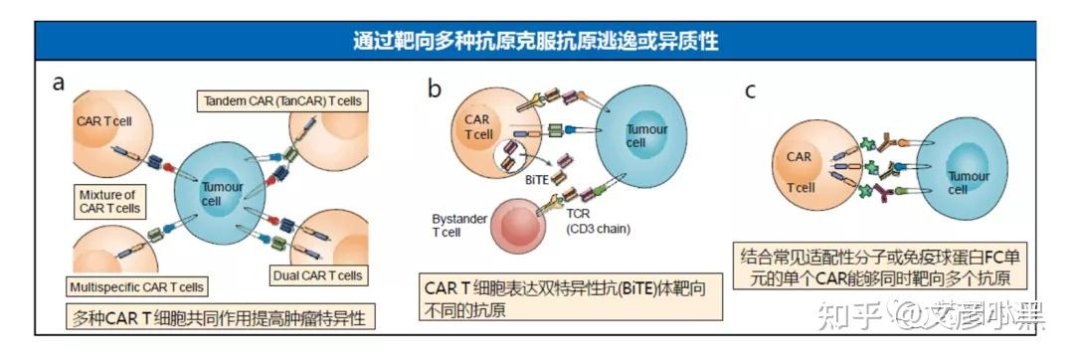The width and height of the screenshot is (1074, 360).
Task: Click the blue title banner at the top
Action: tap(537, 41)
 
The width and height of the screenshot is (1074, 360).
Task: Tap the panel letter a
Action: tap(60, 84)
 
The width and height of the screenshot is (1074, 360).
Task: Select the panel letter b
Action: tap(435, 90)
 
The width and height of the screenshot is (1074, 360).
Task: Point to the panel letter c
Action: tap(751, 90)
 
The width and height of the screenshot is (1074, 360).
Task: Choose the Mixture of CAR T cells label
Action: tap(109, 202)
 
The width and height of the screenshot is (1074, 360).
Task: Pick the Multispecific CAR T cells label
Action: tap(137, 287)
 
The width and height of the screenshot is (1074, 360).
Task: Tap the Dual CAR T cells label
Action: tap(316, 274)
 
